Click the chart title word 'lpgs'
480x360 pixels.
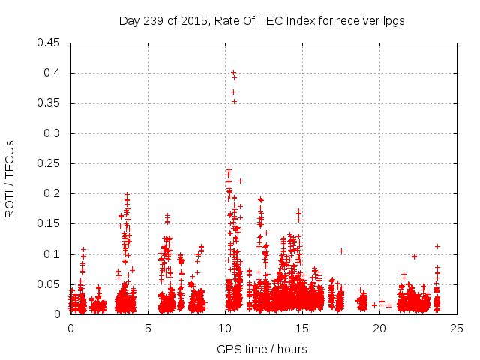[393, 21]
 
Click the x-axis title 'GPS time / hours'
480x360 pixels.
[262, 349]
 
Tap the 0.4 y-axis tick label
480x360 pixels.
[55, 73]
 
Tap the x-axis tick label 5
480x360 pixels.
[148, 328]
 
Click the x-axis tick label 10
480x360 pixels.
[225, 328]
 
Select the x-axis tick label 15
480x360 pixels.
[302, 328]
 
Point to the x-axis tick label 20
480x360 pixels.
[379, 328]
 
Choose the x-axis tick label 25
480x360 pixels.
[457, 328]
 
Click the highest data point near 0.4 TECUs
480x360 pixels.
[233, 73]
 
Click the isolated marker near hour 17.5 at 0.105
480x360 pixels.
[341, 250]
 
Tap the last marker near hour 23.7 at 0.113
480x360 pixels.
[437, 246]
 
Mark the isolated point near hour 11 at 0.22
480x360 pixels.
[241, 181]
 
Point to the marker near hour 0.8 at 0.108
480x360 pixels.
[83, 249]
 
